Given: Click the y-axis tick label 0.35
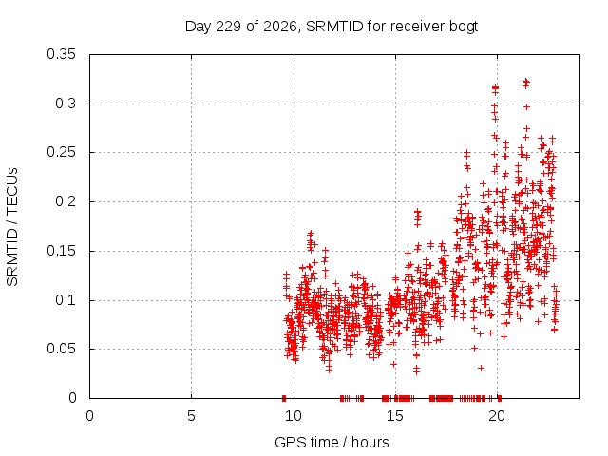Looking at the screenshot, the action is [x=61, y=54].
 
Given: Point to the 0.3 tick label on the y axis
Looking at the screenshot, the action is [x=66, y=104].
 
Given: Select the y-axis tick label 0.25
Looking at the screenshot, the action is [x=61, y=152].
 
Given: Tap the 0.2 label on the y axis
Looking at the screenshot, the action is [x=66, y=201].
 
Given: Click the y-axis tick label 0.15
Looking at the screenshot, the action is [x=61, y=251].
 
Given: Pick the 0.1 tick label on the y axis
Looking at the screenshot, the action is [x=66, y=300].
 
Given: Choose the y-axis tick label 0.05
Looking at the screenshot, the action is [x=61, y=349].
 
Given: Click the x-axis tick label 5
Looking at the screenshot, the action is [x=191, y=416].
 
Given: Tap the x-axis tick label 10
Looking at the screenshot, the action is [x=294, y=416].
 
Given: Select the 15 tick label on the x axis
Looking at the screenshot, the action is [x=395, y=416].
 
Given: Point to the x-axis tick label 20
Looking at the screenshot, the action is [x=497, y=416].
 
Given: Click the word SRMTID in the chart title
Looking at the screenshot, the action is [x=334, y=27].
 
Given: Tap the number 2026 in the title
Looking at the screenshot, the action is [x=279, y=27].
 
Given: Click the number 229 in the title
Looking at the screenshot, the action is [x=228, y=27].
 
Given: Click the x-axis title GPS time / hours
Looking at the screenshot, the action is [x=332, y=443].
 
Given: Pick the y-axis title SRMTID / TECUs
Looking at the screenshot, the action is [x=12, y=227].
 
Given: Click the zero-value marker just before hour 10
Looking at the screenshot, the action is [x=284, y=398].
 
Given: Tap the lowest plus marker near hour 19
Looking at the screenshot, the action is [x=482, y=368].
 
